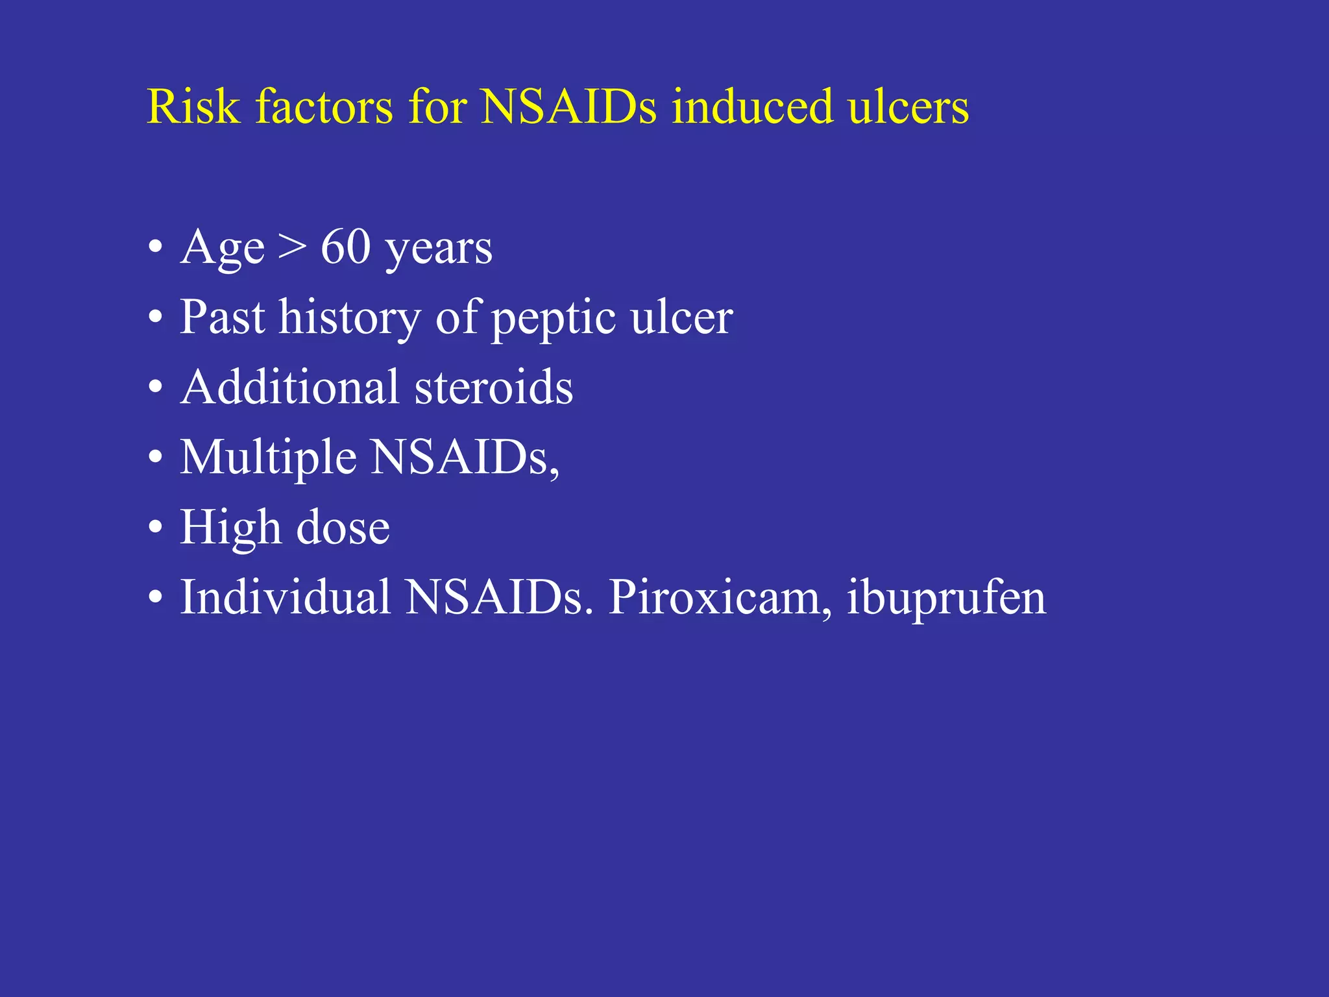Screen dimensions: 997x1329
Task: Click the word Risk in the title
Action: coord(193,106)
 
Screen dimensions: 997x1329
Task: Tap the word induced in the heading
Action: coord(752,106)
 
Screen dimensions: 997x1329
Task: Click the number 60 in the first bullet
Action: coord(345,247)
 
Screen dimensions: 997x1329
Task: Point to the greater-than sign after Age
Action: coord(292,249)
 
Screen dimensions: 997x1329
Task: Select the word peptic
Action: coord(554,319)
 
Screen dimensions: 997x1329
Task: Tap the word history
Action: coord(349,319)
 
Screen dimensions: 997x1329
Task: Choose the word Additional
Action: coord(289,388)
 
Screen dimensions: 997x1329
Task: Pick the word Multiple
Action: coord(268,458)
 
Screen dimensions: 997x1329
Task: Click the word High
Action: coord(230,528)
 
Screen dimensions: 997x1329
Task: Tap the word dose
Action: coord(343,528)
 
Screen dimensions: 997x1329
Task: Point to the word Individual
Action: coord(285,597)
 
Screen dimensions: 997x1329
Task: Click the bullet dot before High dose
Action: coord(155,528)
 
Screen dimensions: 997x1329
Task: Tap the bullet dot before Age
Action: coord(155,247)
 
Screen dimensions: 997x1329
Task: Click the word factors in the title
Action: coord(324,106)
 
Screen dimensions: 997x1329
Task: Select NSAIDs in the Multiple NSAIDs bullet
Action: coord(464,458)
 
